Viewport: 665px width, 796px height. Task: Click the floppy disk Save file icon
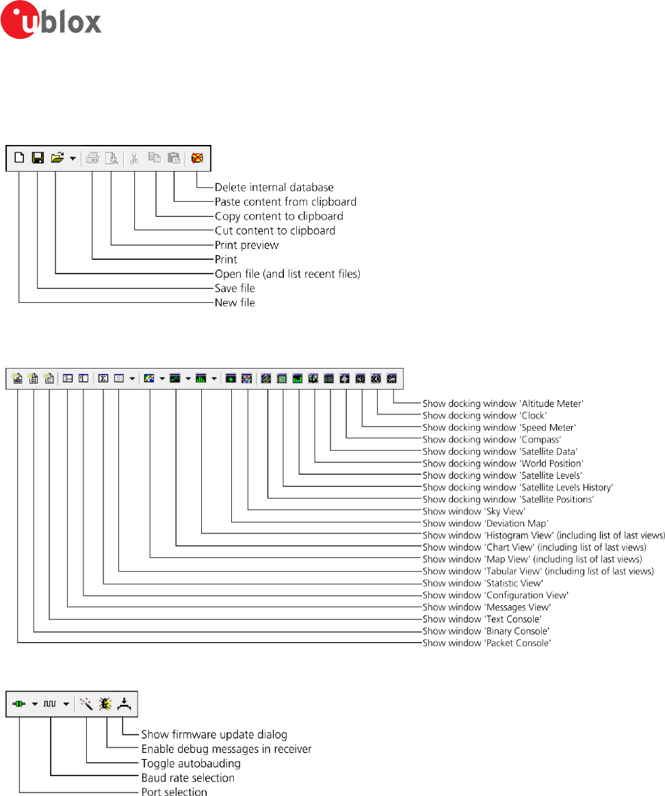click(38, 158)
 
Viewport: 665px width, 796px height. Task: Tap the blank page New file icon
click(19, 158)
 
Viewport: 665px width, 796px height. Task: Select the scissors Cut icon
click(134, 158)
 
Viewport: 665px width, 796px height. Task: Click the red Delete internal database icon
click(198, 158)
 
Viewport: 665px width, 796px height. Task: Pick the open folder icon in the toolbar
click(57, 158)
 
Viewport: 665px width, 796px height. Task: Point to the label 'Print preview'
click(246, 245)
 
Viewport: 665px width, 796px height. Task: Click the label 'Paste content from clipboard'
click(285, 202)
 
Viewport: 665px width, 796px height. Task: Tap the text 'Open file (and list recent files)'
click(287, 274)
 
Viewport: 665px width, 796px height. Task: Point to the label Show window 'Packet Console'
click(486, 643)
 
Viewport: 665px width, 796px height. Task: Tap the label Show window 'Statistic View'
click(482, 583)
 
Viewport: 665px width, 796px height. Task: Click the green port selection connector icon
click(19, 703)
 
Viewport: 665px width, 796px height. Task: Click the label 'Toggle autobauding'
click(191, 763)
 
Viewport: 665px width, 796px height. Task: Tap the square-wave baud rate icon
click(51, 703)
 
